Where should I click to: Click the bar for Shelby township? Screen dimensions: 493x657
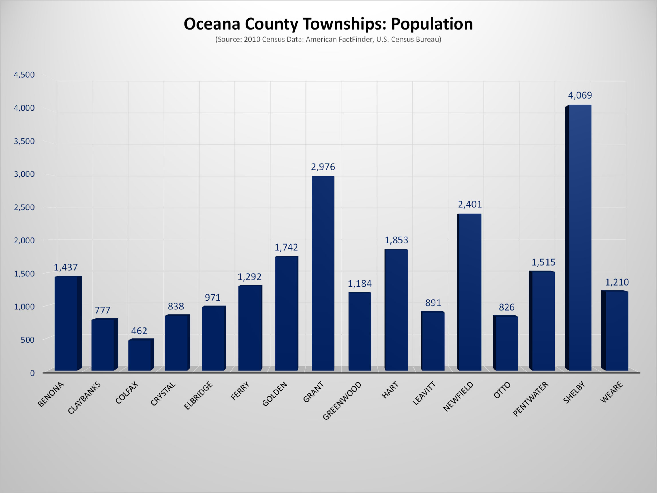579,238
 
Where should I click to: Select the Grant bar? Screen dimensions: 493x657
323,273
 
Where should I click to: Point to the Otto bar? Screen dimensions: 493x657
506,343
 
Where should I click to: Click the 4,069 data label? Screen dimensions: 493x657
580,95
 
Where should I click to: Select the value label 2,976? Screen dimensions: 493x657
323,167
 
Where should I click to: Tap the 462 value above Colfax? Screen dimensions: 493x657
139,331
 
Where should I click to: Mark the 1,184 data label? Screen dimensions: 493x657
359,284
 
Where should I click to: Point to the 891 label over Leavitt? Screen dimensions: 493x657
433,303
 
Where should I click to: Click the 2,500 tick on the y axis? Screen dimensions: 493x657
24,207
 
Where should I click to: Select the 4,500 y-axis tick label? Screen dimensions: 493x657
24,74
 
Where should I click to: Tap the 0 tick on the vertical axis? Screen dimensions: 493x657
32,373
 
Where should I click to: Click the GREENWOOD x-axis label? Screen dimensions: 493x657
342,400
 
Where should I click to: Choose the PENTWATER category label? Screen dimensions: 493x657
530,399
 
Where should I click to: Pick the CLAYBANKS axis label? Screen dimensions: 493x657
84,398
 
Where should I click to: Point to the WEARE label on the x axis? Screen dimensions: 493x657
611,392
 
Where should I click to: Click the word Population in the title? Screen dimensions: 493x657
432,24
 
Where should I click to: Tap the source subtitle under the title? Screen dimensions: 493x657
328,40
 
